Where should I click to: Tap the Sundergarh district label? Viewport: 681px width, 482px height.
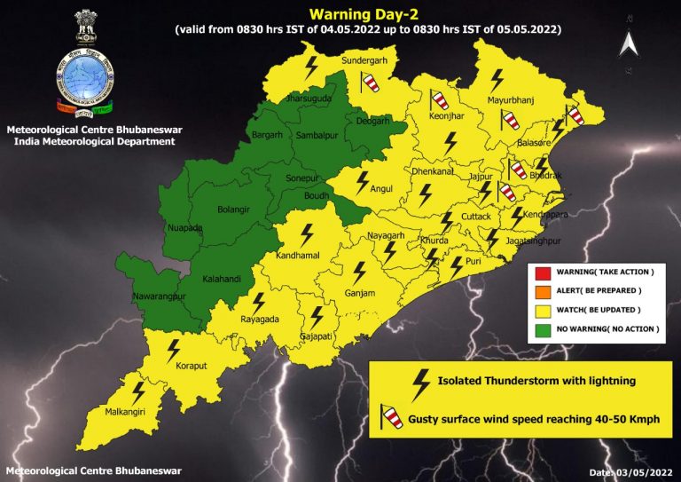pyautogui.click(x=364, y=62)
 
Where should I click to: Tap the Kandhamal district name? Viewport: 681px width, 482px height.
pyautogui.click(x=305, y=256)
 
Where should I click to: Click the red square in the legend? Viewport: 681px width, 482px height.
pyautogui.click(x=542, y=270)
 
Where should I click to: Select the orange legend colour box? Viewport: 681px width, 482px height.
pyautogui.click(x=542, y=289)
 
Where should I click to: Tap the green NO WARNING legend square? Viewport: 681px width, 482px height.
pyautogui.click(x=542, y=328)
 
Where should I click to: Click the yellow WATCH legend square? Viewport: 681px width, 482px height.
pyautogui.click(x=542, y=309)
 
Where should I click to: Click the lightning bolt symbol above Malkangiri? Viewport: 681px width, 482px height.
pyautogui.click(x=138, y=390)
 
